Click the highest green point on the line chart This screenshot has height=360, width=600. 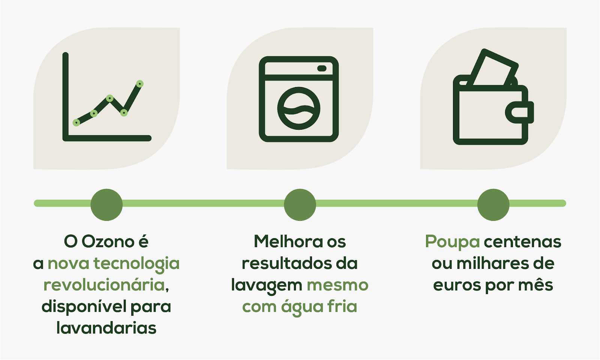coord(139,84)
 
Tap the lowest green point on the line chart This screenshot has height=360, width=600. coord(76,123)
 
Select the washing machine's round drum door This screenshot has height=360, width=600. coord(298,108)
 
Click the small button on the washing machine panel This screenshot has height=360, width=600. coord(322,68)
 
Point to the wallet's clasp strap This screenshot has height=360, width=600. coord(520,112)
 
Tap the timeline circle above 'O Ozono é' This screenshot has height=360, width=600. coord(106,205)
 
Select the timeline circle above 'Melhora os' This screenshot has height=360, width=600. coord(300,205)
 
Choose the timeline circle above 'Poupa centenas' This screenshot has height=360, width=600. coord(493,205)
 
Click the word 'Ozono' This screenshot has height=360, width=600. coord(108,241)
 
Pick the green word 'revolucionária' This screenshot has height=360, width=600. coord(104,285)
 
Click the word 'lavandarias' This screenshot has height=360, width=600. coord(106,328)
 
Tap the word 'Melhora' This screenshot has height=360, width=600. coord(288,241)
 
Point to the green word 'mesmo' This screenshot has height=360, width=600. coord(337,285)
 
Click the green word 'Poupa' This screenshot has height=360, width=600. coord(452,242)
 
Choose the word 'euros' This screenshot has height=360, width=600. coord(457,285)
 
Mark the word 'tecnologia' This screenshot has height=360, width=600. coord(136,264)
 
